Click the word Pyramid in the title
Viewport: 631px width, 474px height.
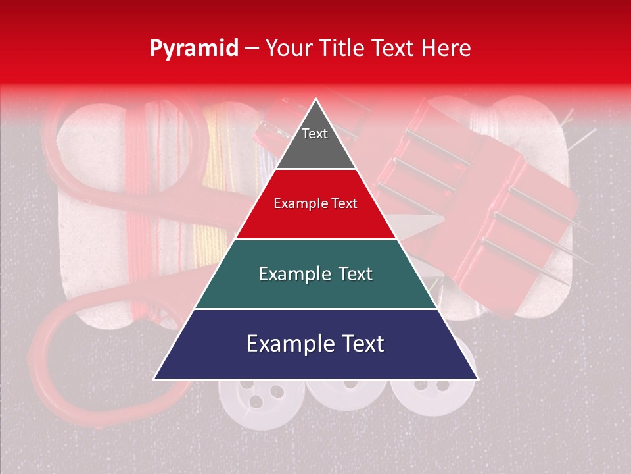click(193, 48)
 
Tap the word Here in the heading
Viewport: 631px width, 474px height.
click(447, 48)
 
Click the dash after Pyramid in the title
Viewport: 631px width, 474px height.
click(251, 48)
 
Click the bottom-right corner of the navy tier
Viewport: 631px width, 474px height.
click(477, 379)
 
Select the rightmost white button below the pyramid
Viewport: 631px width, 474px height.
click(431, 395)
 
